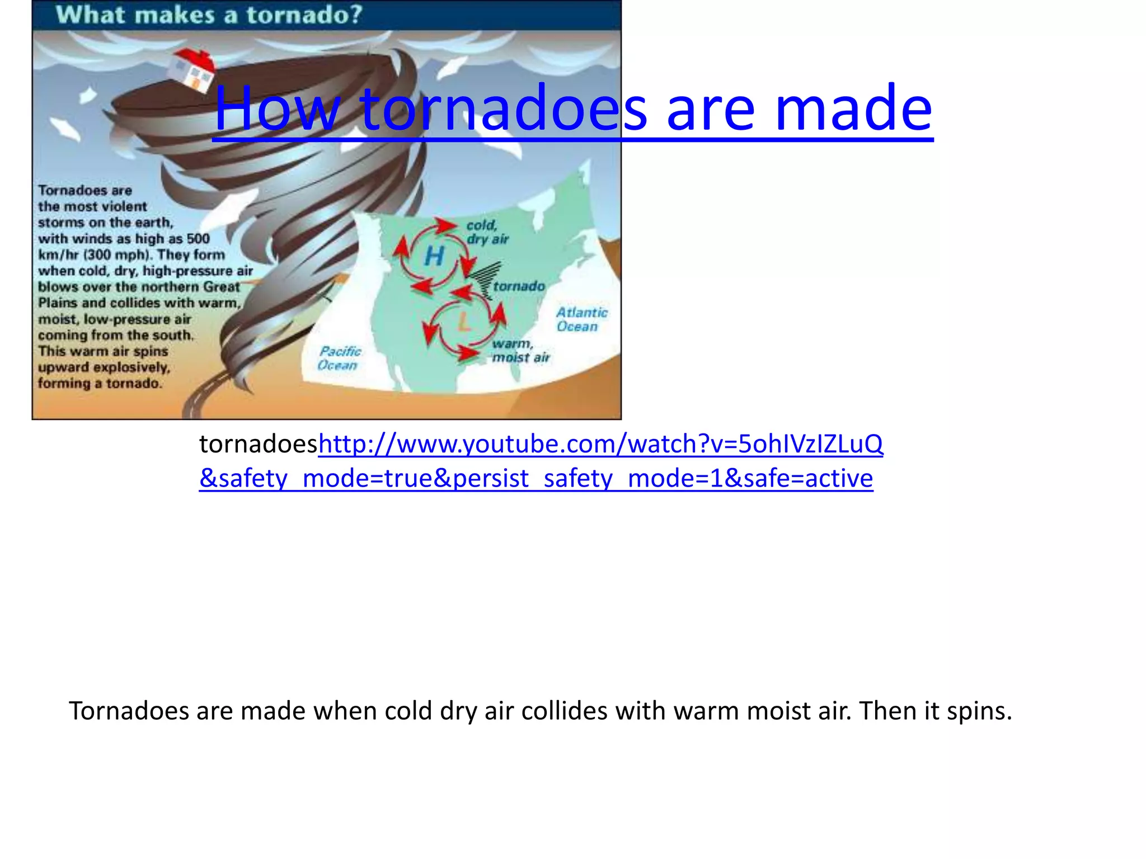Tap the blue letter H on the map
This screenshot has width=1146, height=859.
coord(434,256)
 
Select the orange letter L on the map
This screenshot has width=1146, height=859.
coord(464,322)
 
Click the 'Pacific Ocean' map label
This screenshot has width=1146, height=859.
coord(339,358)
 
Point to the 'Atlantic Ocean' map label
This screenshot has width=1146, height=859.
coord(581,319)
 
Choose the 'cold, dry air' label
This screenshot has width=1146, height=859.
coord(487,232)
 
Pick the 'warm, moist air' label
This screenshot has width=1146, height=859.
coord(520,351)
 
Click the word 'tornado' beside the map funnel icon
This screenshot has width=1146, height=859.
coord(519,286)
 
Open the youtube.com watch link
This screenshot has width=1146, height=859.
coord(600,444)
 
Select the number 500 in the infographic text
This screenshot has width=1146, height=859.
coord(198,239)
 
